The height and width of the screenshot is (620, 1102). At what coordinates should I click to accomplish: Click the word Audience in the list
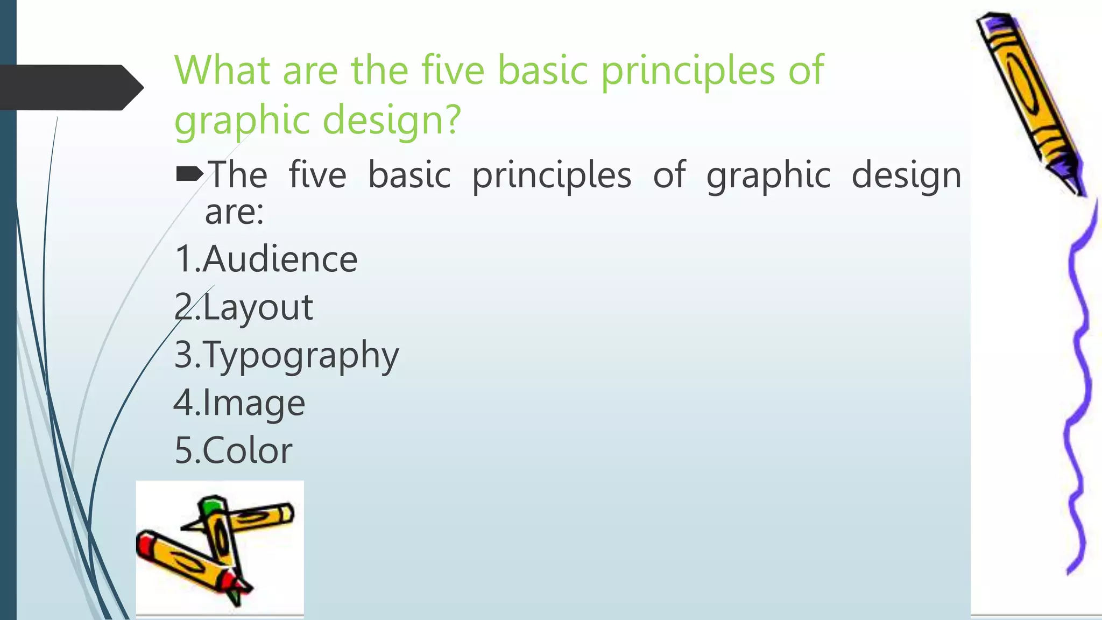(280, 259)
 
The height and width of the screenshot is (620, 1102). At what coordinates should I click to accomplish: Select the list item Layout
(258, 307)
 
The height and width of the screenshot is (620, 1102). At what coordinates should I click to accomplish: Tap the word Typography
(301, 356)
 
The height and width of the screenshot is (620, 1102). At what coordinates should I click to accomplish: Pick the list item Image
(254, 403)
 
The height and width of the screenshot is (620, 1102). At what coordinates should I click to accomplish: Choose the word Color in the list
(248, 450)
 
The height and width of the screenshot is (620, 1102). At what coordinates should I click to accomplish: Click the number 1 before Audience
(183, 259)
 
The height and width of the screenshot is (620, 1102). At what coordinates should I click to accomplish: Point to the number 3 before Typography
(183, 355)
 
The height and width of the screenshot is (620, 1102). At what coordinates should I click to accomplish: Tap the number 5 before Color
(183, 450)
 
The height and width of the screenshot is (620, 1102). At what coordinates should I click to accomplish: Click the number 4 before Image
(183, 403)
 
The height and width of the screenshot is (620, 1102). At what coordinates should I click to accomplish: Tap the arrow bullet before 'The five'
(189, 174)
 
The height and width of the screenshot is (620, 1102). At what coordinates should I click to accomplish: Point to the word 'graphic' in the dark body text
(768, 176)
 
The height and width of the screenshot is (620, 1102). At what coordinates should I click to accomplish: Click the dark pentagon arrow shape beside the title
(70, 87)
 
